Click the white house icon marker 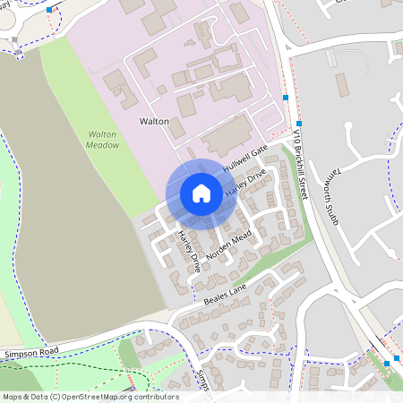click(x=201, y=193)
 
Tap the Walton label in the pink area click(x=154, y=120)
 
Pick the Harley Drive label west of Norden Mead click(x=188, y=252)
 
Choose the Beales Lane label click(x=224, y=288)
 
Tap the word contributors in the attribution click(x=154, y=397)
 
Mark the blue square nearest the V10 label click(x=299, y=123)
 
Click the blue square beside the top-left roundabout click(x=49, y=10)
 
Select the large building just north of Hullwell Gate click(x=227, y=135)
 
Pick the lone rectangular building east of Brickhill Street click(x=341, y=85)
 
